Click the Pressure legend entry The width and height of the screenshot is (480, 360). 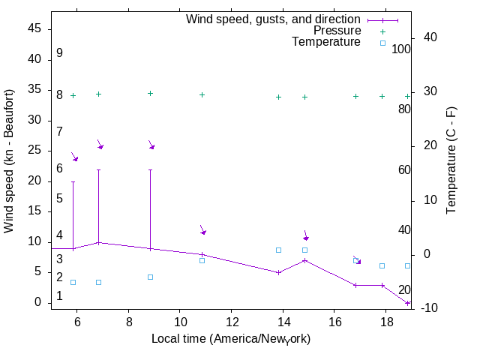coord(337,31)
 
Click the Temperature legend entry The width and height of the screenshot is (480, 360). coord(326,42)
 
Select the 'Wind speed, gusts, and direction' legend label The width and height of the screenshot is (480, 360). coord(274,19)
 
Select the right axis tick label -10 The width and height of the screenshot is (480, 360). coord(427,307)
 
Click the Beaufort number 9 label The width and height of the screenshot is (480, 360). coord(59,53)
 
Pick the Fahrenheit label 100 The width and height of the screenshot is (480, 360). coord(401,49)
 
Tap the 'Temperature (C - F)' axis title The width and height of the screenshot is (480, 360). coord(451,160)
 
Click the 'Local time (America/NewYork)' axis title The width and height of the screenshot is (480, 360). coord(231,339)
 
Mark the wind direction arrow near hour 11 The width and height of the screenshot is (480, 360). coord(202,229)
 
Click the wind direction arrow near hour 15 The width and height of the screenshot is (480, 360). coord(305,235)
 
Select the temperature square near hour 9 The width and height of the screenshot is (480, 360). coord(150,277)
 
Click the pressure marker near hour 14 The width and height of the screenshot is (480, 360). coord(278,97)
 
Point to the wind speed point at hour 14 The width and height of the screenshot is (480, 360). coord(278,272)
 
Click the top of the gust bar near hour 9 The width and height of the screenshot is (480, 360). coord(150,170)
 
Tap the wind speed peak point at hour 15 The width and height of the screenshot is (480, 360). coord(304,260)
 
